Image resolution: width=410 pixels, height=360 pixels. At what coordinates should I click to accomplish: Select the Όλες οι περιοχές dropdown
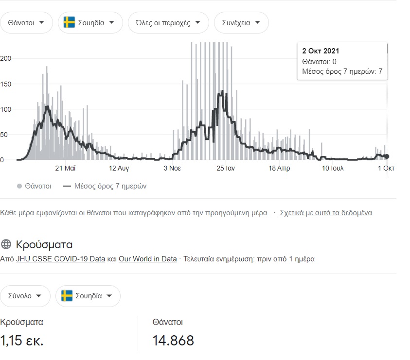click(168, 23)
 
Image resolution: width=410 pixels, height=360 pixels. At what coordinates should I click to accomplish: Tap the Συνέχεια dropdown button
click(241, 23)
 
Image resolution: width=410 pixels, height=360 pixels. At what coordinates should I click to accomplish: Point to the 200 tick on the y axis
click(5, 58)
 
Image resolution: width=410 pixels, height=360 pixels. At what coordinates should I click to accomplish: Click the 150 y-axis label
click(5, 84)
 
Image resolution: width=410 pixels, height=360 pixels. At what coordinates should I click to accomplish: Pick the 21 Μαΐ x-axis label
click(65, 169)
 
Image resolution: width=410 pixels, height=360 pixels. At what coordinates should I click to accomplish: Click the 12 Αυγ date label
click(119, 169)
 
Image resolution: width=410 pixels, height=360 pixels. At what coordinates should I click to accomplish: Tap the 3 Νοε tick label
click(172, 169)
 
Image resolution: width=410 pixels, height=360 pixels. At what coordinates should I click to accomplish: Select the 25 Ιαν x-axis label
click(226, 169)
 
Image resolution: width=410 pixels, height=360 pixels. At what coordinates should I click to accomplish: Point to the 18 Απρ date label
click(280, 169)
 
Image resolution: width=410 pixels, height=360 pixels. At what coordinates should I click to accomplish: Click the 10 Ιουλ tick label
click(333, 169)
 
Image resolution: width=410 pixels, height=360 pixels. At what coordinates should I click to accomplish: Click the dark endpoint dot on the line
click(387, 156)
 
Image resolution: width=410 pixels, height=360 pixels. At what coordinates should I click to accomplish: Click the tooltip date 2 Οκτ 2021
click(321, 51)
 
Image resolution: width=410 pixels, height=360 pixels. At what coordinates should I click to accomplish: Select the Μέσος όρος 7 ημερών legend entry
click(104, 186)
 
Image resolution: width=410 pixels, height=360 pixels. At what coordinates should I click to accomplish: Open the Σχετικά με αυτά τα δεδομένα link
click(326, 213)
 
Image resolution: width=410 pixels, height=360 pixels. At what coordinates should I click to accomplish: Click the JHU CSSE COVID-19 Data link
click(60, 259)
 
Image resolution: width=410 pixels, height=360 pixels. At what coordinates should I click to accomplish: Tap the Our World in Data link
click(148, 259)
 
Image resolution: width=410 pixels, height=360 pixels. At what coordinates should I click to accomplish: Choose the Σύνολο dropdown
click(25, 296)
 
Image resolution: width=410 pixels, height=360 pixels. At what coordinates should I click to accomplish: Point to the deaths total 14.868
click(173, 341)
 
